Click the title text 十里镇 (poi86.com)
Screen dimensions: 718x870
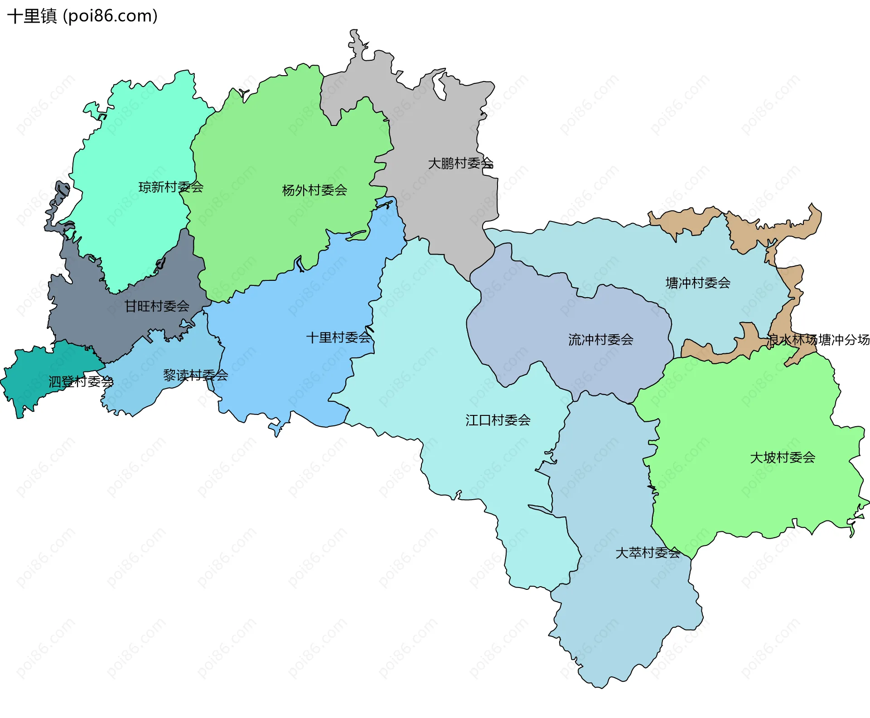pyautogui.click(x=82, y=16)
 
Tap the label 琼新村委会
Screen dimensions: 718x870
pyautogui.click(x=171, y=187)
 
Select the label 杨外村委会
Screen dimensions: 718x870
pyautogui.click(x=314, y=190)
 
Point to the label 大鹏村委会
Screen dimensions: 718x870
pyautogui.click(x=460, y=163)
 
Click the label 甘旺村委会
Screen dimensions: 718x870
pyautogui.click(x=157, y=306)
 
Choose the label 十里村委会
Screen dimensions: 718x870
pyautogui.click(x=338, y=337)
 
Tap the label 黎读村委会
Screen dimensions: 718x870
pyautogui.click(x=195, y=375)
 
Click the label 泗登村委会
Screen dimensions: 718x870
pyautogui.click(x=81, y=381)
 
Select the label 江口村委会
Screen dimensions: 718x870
pyautogui.click(x=498, y=420)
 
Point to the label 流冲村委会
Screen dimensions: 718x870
pyautogui.click(x=600, y=339)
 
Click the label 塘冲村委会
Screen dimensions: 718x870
pyautogui.click(x=698, y=283)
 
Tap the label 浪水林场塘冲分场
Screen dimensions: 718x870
pyautogui.click(x=818, y=339)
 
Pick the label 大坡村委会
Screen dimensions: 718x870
pyautogui.click(x=783, y=457)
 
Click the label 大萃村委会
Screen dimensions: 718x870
pyautogui.click(x=648, y=552)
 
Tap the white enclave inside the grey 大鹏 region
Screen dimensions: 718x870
pyautogui.click(x=439, y=86)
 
